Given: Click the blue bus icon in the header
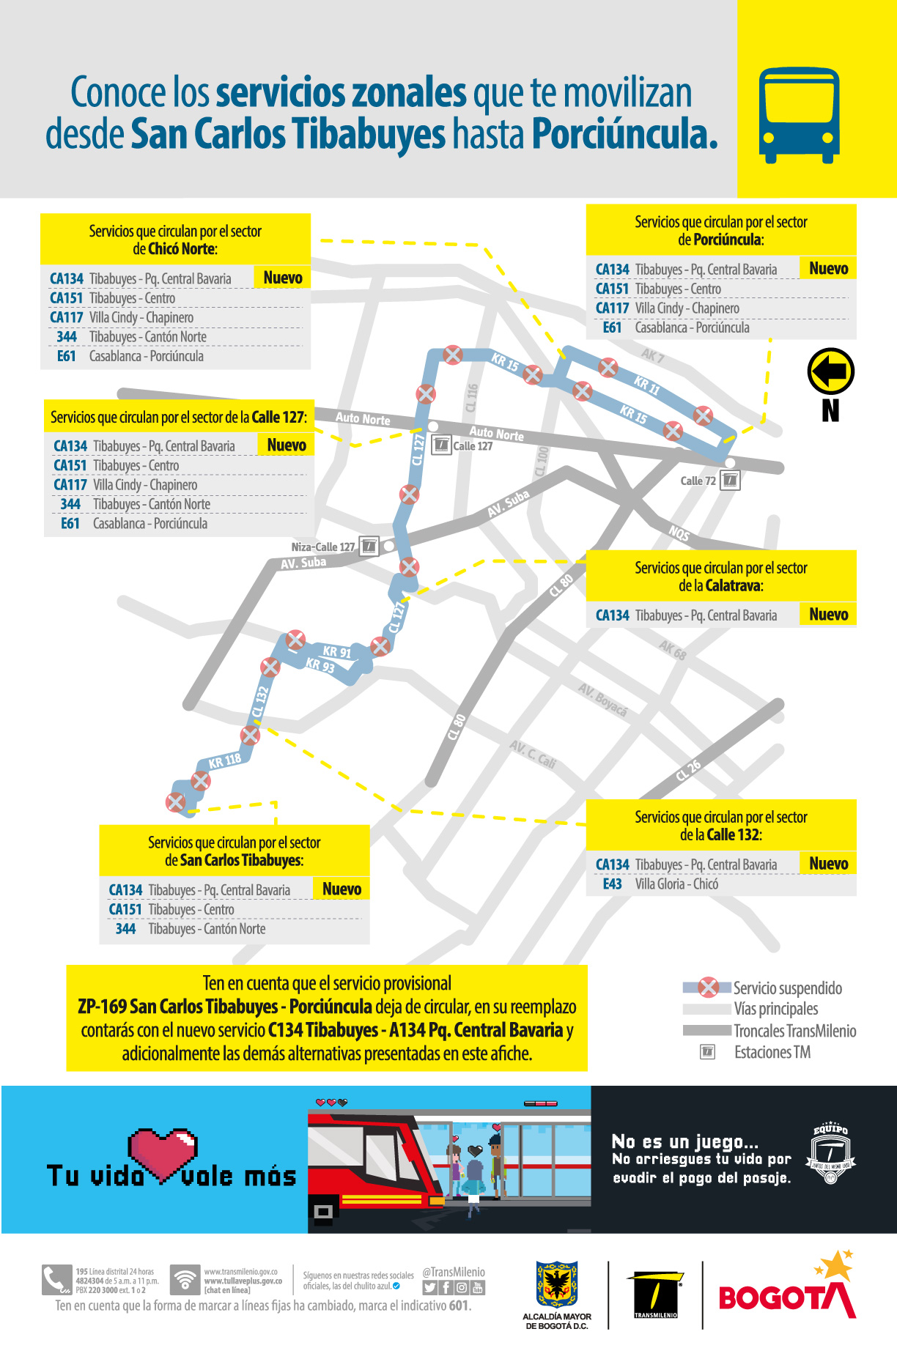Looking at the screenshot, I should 799,115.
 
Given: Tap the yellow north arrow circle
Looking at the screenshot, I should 830,371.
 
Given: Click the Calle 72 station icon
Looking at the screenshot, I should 730,481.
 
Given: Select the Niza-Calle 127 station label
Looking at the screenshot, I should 322,547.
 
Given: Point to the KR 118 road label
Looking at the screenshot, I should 225,761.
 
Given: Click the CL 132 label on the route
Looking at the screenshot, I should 260,701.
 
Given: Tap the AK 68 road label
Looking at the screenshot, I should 672,650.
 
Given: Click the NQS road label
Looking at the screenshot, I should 679,533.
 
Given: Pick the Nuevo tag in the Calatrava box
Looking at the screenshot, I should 828,615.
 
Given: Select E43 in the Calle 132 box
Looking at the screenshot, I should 612,884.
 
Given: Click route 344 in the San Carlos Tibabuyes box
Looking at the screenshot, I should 125,929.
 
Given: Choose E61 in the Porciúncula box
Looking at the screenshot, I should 612,327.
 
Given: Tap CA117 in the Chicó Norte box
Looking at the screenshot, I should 67,317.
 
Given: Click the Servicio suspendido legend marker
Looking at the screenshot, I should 708,988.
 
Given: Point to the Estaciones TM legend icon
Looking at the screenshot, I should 708,1052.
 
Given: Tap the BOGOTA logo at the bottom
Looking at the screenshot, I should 787,1292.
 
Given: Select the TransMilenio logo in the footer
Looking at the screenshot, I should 655,1295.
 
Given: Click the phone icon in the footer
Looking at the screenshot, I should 56,1280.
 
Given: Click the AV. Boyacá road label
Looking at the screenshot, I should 602,700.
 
